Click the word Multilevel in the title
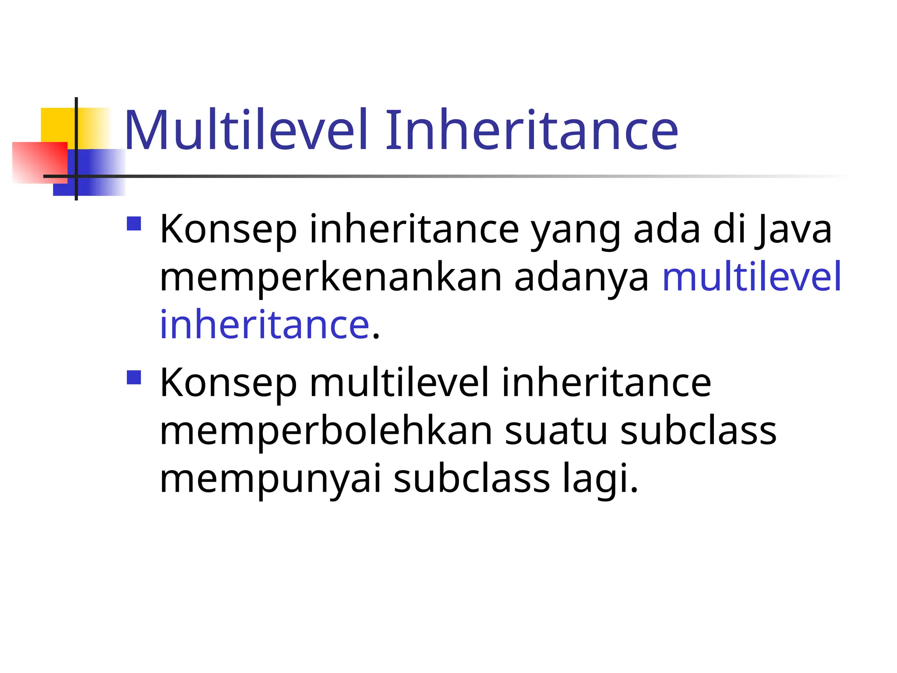point(245,131)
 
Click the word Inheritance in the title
point(531,131)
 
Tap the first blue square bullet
point(134,224)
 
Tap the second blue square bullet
point(134,377)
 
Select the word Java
point(793,230)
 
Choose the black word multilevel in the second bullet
point(399,383)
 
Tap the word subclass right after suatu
point(699,431)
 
